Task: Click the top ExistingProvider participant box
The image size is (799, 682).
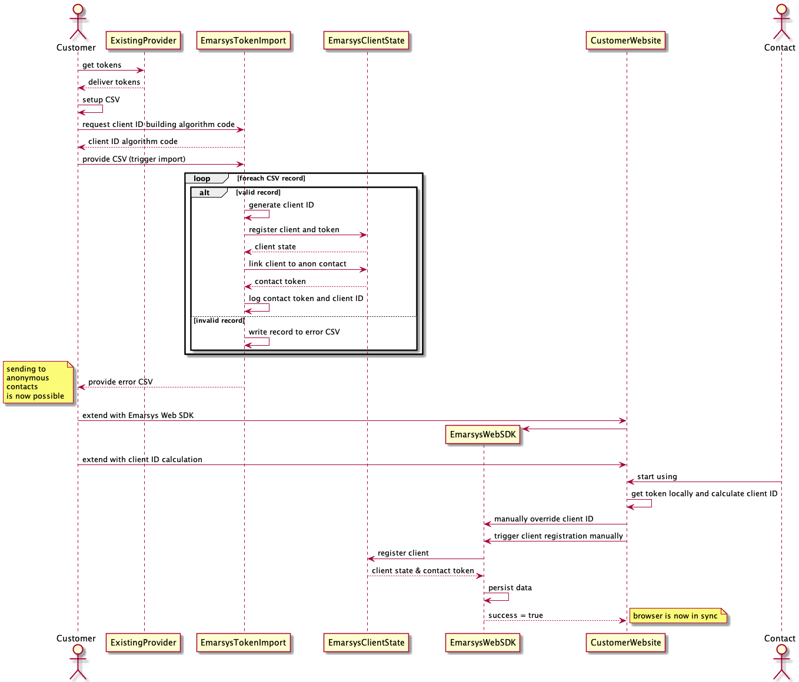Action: (x=144, y=41)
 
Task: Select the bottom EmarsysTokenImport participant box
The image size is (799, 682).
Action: (x=243, y=643)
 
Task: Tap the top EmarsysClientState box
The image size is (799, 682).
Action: (x=366, y=41)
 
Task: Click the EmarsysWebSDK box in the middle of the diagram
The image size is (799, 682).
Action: (x=482, y=434)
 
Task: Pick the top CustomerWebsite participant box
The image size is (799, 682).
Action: (x=625, y=41)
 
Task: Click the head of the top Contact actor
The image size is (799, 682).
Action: (x=781, y=9)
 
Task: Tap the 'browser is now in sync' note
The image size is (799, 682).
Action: (x=677, y=616)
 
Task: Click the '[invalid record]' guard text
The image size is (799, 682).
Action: (x=219, y=320)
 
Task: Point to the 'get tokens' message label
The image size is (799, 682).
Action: (x=102, y=65)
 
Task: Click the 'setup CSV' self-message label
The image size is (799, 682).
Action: (x=101, y=100)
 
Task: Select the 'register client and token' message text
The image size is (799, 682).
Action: (x=294, y=230)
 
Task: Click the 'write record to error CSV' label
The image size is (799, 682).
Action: (x=294, y=332)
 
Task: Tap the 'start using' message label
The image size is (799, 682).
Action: (x=657, y=477)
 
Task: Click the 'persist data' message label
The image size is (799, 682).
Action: (x=510, y=588)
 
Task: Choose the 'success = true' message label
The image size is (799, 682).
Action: (x=515, y=616)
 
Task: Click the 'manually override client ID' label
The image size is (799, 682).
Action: (x=544, y=519)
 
